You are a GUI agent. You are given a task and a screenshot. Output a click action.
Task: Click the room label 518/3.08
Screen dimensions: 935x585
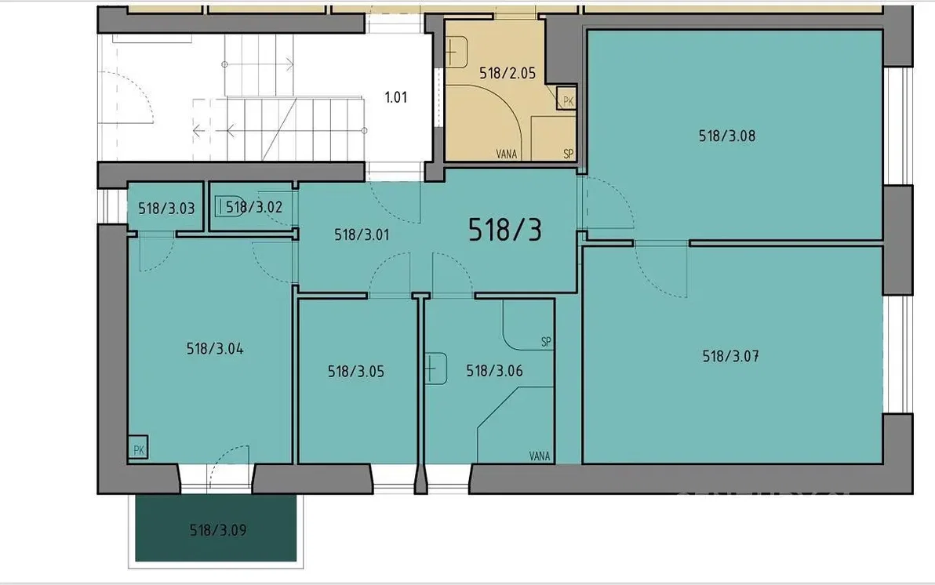pos(727,136)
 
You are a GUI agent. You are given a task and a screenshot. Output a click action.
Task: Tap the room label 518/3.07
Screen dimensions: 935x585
pos(730,357)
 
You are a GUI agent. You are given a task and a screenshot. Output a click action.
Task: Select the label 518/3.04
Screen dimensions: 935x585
pos(215,349)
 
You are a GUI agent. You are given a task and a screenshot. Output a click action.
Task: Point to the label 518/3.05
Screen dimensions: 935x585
pos(356,372)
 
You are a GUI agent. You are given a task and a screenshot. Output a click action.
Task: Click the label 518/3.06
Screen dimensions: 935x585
pos(494,371)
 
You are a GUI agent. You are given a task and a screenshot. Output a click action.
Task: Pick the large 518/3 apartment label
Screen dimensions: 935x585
pos(505,230)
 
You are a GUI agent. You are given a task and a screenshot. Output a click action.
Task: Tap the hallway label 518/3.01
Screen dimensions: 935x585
pos(362,235)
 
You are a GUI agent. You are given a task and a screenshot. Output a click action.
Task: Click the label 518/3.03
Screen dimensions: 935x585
pos(166,209)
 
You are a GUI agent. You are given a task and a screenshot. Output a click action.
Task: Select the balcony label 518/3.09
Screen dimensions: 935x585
pos(217,530)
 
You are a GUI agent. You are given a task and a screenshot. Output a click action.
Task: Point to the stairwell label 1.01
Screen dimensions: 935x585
pos(396,97)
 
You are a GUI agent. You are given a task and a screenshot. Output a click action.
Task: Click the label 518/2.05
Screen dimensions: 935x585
pos(508,74)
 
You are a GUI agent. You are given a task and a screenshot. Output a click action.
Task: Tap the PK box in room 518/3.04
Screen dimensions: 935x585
pos(138,448)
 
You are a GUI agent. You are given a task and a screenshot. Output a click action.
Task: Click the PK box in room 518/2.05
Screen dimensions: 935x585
pos(567,98)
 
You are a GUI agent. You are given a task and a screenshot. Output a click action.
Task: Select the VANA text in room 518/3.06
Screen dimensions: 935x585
pos(540,456)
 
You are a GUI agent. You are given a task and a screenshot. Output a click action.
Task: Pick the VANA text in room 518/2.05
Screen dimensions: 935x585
pos(506,154)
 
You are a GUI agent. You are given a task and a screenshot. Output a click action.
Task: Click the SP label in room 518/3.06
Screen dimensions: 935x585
pos(546,342)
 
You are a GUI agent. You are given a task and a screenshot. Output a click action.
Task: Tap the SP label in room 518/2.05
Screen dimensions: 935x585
pos(568,154)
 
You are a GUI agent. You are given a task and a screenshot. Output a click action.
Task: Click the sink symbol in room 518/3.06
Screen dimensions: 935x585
pos(436,369)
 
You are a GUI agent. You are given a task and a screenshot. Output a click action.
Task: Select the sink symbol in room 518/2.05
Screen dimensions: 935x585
pos(457,52)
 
